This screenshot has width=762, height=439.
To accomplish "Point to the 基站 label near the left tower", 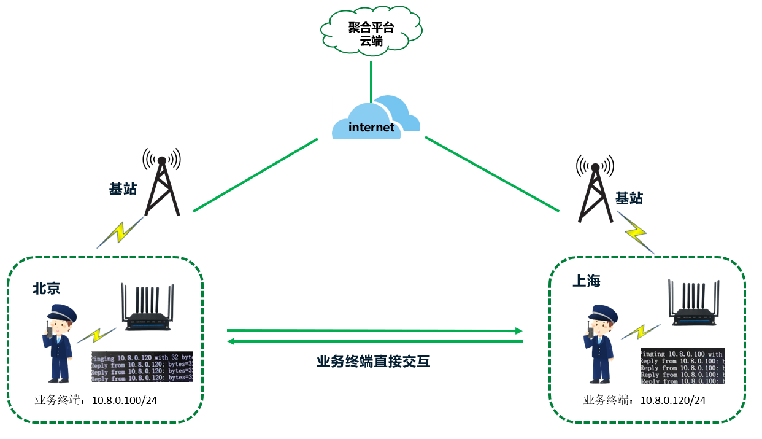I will tap(122, 188).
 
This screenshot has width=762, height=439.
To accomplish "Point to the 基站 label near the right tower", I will tap(629, 198).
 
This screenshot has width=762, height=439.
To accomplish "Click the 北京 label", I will tap(47, 289).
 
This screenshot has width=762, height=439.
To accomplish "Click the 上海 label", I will tap(586, 281).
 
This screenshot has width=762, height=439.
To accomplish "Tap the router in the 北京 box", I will tap(148, 307).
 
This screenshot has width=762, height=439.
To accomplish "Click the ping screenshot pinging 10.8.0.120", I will tap(142, 367).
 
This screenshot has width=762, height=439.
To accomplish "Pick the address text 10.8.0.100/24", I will tap(125, 400).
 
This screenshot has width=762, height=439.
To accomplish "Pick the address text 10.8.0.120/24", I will tap(673, 400).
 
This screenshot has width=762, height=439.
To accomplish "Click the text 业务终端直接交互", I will tap(374, 362).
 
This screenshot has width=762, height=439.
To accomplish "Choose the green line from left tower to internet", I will tap(255, 175).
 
